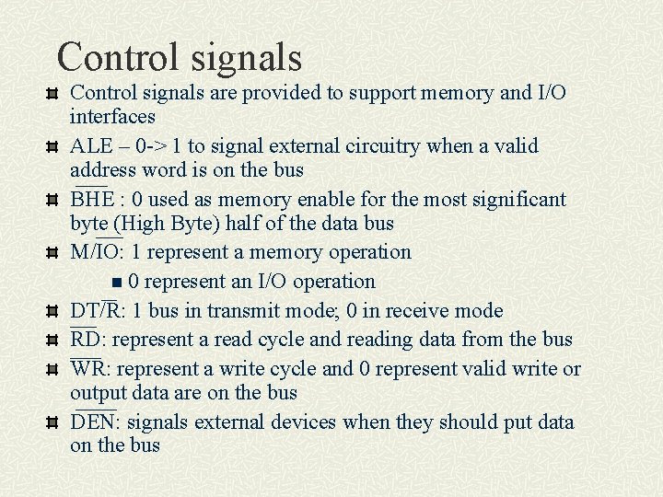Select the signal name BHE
(x=92, y=200)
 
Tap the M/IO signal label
(x=97, y=252)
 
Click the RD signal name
(x=86, y=341)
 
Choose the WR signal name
(x=87, y=370)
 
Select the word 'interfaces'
(x=112, y=117)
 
